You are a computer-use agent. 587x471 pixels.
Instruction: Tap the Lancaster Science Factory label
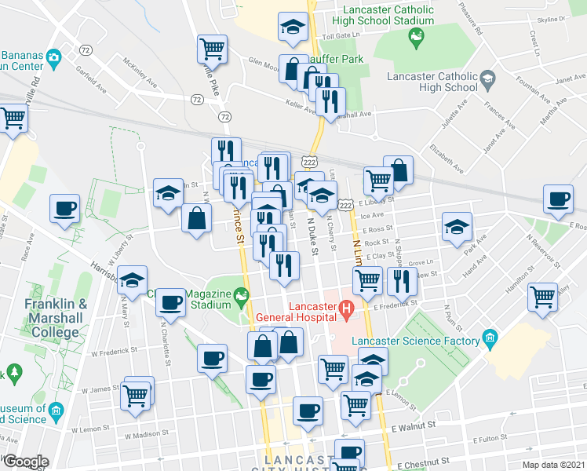click(416, 341)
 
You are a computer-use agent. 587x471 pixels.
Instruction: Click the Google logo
click(25, 462)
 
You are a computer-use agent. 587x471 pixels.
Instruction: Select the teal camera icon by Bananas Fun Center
click(53, 57)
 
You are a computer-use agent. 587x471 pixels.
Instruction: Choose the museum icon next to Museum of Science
click(55, 410)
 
